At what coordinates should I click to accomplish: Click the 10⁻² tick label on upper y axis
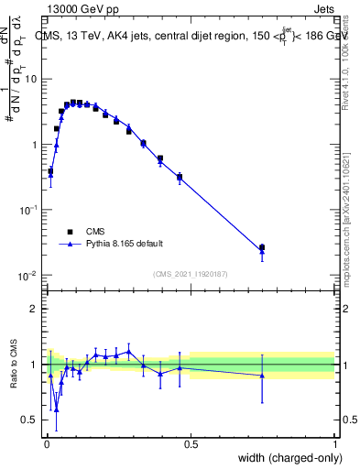click(27, 276)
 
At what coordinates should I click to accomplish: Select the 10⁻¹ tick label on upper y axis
click(27, 210)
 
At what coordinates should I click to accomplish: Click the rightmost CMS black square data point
click(262, 247)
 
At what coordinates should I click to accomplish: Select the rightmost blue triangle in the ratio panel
click(262, 376)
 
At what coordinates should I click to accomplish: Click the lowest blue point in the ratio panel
click(56, 409)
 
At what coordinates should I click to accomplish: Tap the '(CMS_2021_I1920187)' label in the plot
click(190, 273)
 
